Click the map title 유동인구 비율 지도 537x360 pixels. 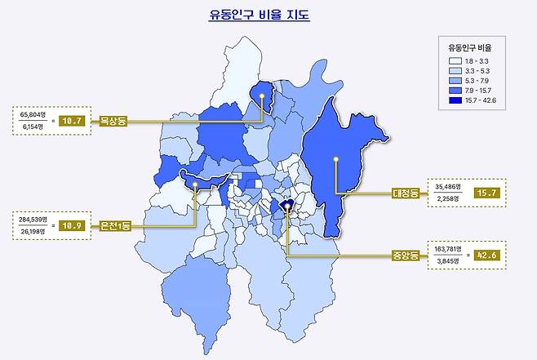coord(259,15)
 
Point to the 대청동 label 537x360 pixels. coord(405,193)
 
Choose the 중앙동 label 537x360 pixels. coord(406,256)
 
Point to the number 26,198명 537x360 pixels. coord(33,231)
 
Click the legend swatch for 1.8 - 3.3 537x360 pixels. coord(455,60)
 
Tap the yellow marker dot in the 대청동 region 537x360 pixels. coord(336,159)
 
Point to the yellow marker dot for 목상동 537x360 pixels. coord(261,95)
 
